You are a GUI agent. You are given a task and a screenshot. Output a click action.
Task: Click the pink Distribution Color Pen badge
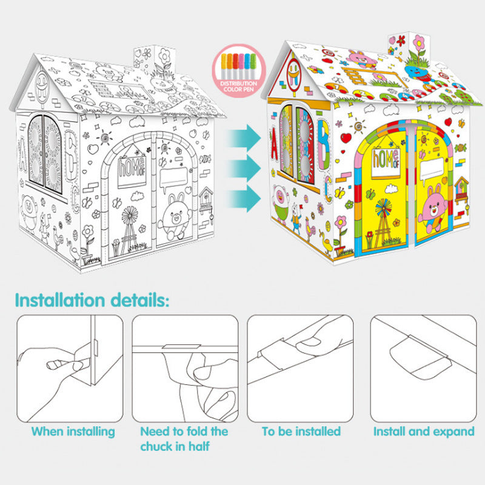coord(238,71)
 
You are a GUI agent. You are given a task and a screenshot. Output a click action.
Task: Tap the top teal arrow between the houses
coord(245,138)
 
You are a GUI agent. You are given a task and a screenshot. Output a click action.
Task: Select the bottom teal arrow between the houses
coord(245,198)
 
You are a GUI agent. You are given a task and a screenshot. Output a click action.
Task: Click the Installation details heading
coord(92,301)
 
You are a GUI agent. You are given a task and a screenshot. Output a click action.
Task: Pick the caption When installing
coord(73,432)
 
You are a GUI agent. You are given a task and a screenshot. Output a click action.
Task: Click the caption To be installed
coord(301,432)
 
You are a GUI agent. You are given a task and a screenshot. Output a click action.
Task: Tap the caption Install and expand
coord(424,432)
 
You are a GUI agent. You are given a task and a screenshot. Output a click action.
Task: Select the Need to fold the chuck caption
coord(184,439)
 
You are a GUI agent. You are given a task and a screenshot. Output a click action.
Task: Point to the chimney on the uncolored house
coord(154,63)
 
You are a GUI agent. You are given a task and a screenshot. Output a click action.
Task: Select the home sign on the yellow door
coord(386,162)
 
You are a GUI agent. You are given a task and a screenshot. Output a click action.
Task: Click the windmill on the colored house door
coord(383,223)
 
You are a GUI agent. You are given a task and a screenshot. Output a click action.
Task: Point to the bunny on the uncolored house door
coord(174,216)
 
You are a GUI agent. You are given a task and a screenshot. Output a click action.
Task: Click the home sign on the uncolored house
coord(132,171)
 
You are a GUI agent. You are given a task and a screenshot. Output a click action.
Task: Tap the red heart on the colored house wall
coord(346,138)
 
